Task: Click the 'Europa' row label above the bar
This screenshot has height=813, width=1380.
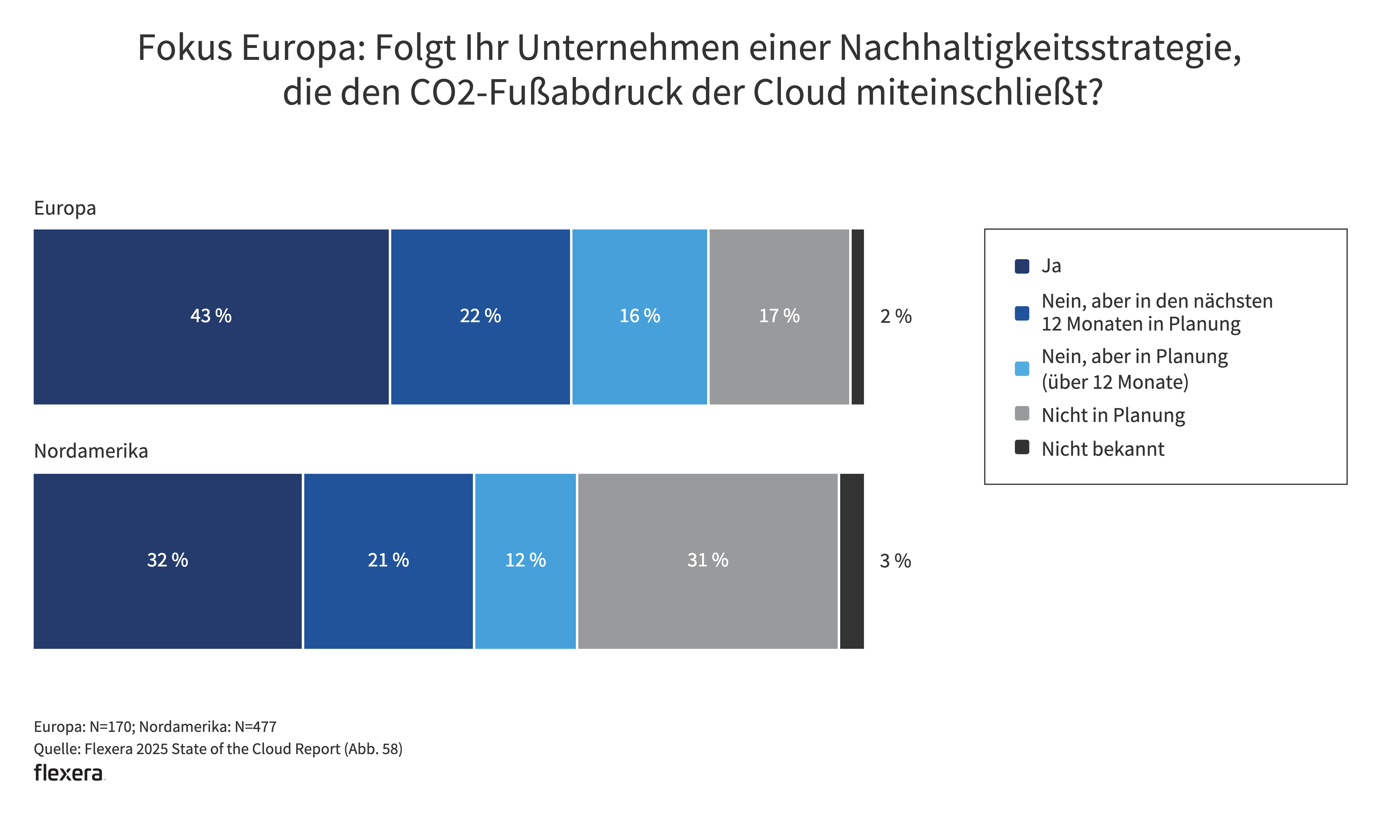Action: (65, 208)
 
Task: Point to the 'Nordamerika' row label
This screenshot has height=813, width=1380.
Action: (91, 451)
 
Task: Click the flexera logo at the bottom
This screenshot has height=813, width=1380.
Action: (69, 773)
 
